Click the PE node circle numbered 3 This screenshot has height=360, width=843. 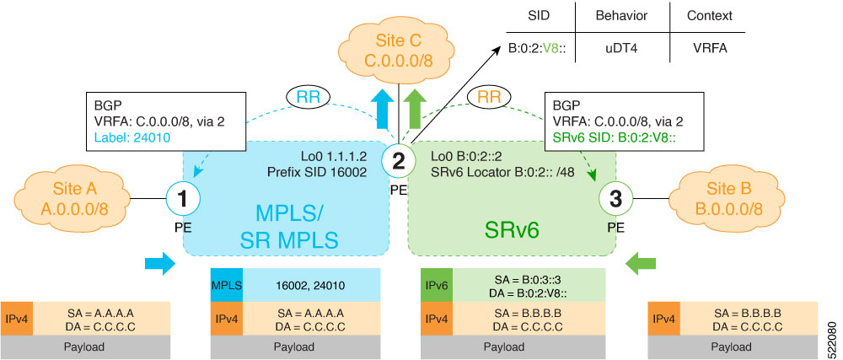tap(615, 200)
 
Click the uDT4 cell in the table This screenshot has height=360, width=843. tap(621, 48)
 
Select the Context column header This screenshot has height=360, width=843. tap(708, 16)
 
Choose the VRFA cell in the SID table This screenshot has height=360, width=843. tap(708, 48)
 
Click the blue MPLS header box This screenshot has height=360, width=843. tap(226, 286)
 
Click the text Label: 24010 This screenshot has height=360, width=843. tap(132, 136)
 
